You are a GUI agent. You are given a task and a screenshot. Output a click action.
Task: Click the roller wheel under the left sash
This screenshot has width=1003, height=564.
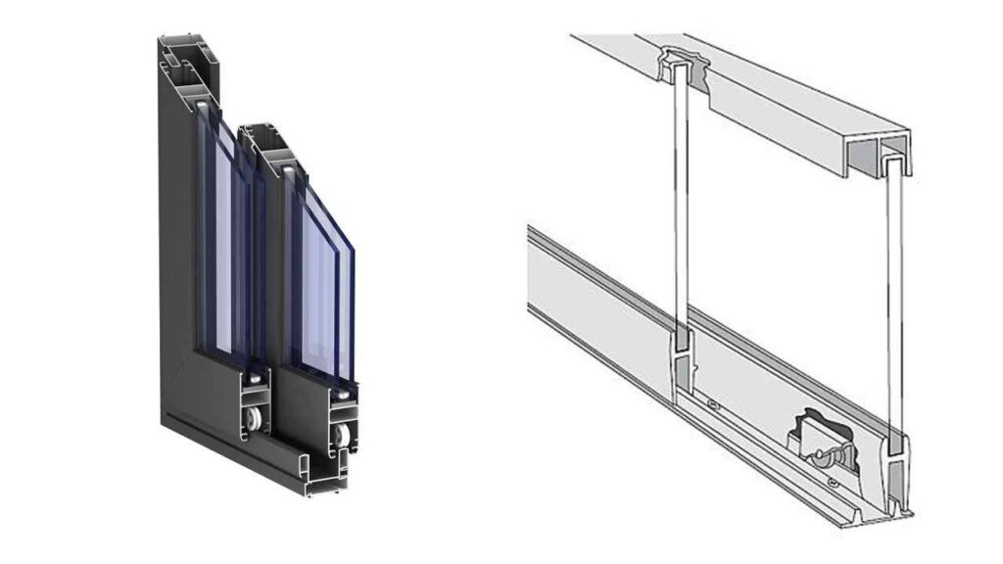255,419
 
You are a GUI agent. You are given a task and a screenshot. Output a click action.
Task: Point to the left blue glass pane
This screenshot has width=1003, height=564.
223,245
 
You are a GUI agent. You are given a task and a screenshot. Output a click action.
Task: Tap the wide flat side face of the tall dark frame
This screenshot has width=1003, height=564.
176,245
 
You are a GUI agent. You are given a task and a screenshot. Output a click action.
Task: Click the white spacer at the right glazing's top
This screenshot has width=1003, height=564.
290,174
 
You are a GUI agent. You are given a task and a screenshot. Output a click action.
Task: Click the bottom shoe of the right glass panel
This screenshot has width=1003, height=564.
895,460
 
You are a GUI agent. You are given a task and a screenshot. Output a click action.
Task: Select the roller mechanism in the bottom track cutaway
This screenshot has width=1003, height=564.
819,437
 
